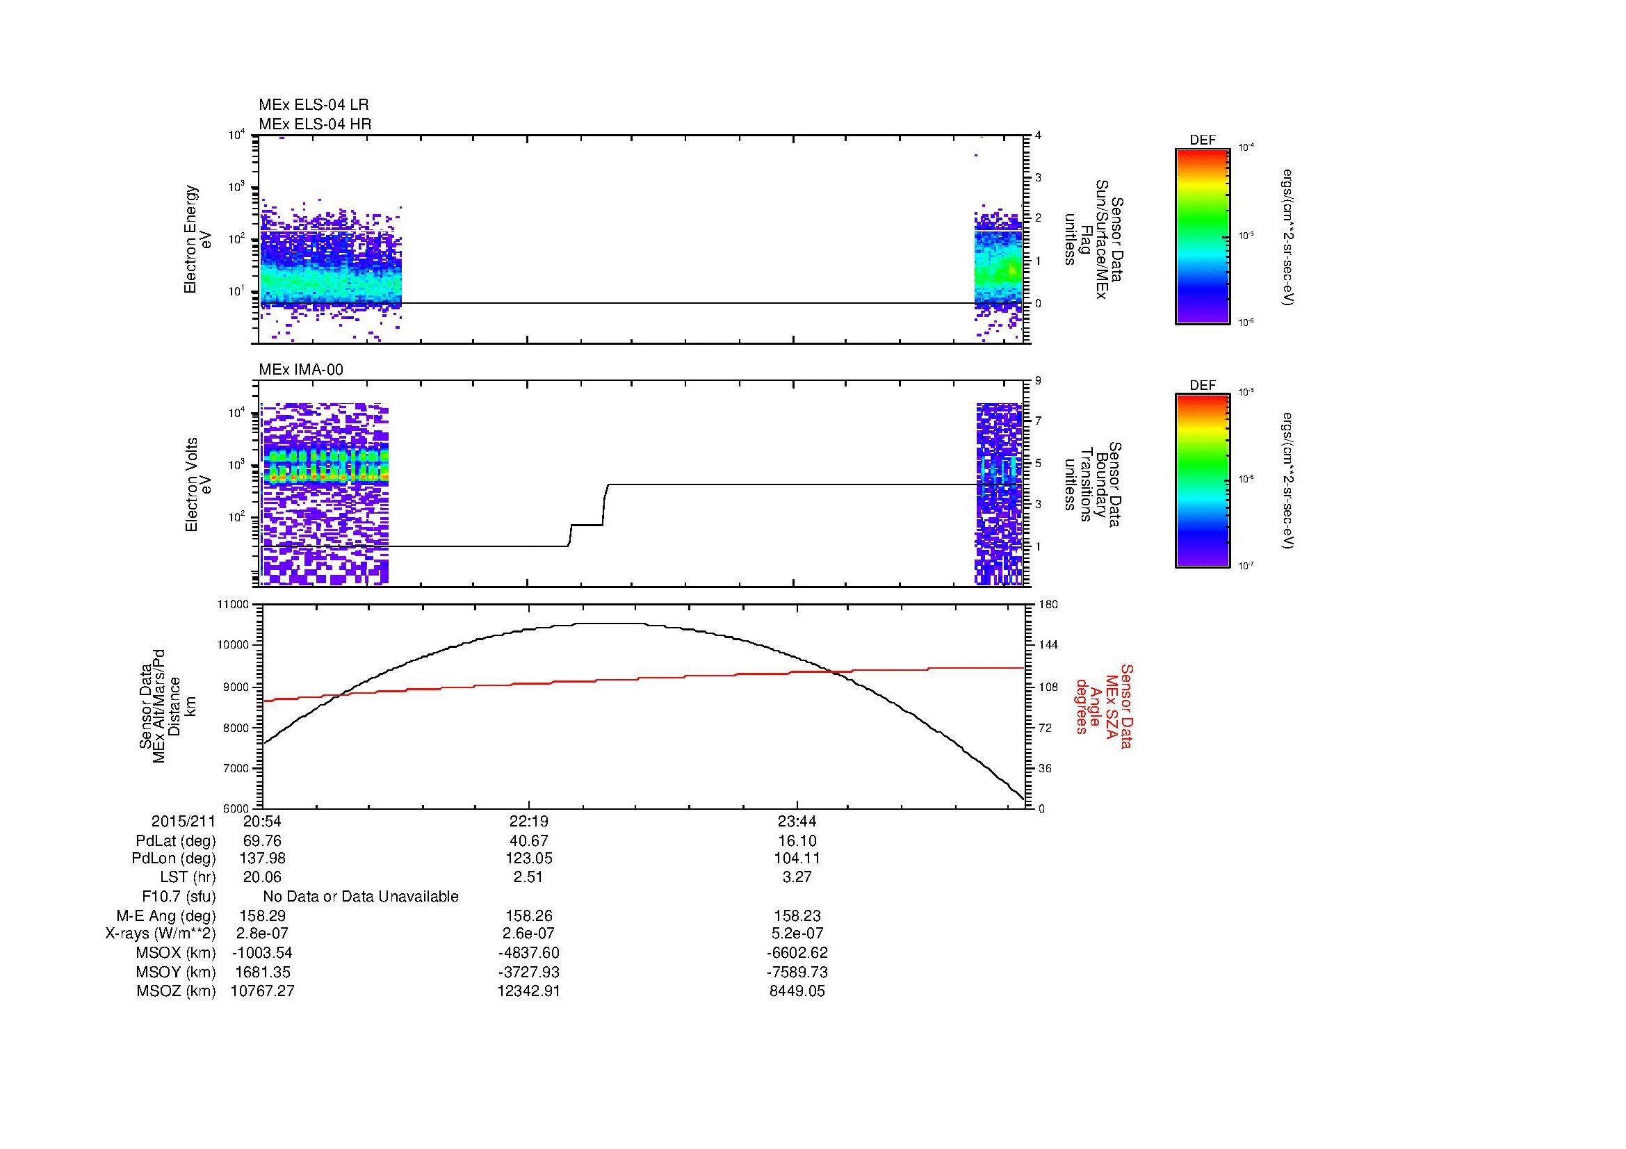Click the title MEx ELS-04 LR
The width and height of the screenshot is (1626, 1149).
[314, 105]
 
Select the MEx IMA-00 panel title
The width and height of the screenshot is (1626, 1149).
[301, 370]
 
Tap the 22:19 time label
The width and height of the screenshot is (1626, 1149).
[528, 822]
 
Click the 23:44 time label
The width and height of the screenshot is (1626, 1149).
[797, 822]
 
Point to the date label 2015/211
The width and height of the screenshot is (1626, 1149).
[183, 822]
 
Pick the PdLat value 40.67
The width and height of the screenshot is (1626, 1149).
[528, 841]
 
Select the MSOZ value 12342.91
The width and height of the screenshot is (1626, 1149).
[528, 991]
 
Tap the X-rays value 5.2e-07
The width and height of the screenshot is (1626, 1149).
[797, 934]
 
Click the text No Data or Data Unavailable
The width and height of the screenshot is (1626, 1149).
[361, 896]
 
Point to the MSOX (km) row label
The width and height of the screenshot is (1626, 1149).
[176, 953]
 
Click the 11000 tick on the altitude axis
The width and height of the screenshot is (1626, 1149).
[235, 605]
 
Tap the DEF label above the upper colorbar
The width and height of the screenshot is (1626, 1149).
[1202, 140]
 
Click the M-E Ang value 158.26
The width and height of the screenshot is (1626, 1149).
[528, 915]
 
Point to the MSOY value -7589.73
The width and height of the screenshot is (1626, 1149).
[797, 972]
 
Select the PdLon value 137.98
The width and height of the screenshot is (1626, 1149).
[262, 858]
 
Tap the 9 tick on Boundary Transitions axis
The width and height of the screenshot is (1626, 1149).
[1037, 381]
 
